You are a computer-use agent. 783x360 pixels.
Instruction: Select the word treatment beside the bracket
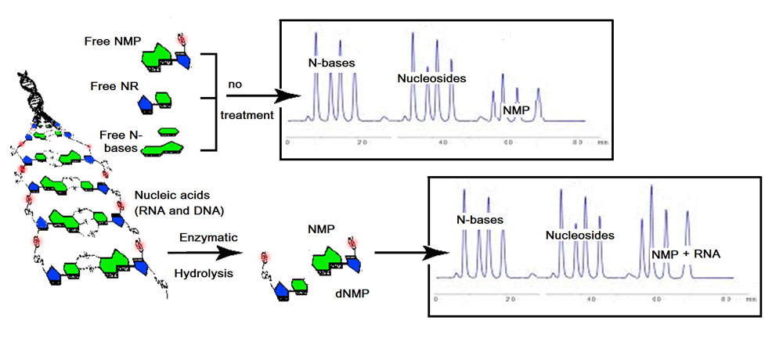pos(247,115)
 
